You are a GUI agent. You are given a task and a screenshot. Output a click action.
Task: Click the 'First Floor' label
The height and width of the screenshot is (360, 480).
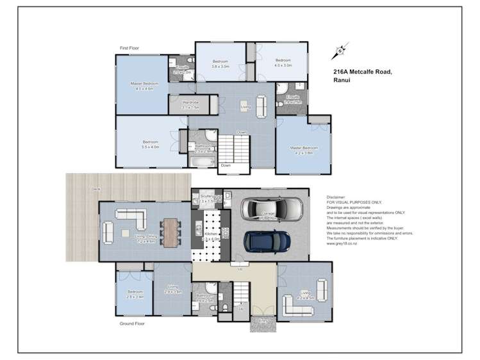pyautogui.click(x=129, y=48)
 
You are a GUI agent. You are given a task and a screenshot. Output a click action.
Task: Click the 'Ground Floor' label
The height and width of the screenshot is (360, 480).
pyautogui.click(x=132, y=323)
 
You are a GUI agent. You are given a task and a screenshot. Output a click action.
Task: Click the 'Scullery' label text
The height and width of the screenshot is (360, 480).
pyautogui.click(x=206, y=196)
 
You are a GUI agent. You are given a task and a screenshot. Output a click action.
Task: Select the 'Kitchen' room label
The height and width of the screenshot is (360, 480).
pyautogui.click(x=211, y=235)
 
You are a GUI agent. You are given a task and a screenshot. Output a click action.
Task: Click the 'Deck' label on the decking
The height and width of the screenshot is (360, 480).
pyautogui.click(x=95, y=190)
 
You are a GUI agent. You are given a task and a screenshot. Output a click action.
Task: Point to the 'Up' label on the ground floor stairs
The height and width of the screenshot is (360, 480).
pyautogui.click(x=240, y=308)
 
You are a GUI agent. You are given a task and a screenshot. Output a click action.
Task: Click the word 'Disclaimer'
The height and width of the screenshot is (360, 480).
pyautogui.click(x=336, y=198)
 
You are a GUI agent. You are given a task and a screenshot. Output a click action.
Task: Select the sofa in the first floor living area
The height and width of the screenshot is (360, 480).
pyautogui.click(x=261, y=105)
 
